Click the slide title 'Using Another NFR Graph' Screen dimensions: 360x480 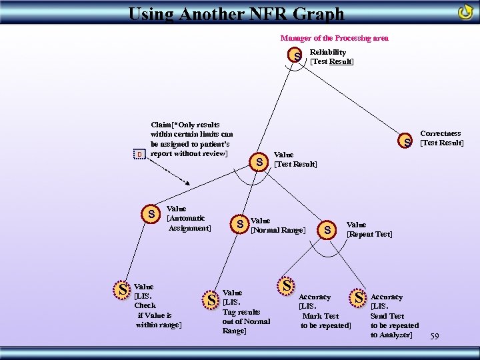(x=236, y=13)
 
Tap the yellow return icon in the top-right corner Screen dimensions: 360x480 (x=465, y=13)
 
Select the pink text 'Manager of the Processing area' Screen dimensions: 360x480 (x=334, y=38)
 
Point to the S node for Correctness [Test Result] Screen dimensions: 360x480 (x=405, y=142)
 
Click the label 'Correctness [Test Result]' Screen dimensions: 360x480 (x=441, y=139)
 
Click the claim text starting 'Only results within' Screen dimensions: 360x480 (x=191, y=139)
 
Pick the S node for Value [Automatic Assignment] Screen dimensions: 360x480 (x=152, y=214)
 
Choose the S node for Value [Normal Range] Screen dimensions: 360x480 (x=239, y=224)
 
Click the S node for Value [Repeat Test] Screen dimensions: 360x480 (x=327, y=230)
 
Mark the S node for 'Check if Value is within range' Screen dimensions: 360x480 (x=122, y=290)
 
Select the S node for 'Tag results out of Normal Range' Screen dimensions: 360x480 (x=211, y=301)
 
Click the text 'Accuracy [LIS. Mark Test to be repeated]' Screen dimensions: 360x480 (x=325, y=311)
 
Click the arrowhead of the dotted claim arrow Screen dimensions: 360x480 (x=191, y=185)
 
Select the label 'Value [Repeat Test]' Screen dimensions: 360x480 (x=369, y=229)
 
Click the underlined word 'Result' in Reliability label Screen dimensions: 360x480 (x=341, y=61)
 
